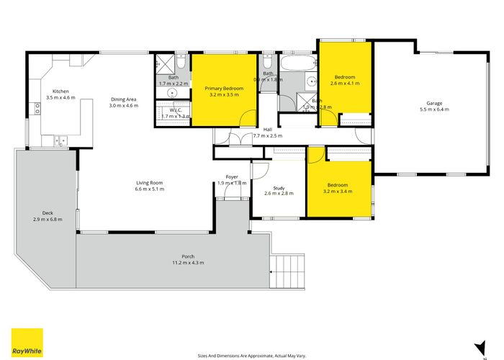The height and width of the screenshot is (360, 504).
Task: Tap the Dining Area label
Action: [123, 99]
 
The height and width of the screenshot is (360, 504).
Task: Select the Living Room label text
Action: [150, 182]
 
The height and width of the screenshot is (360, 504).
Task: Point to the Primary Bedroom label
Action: [226, 89]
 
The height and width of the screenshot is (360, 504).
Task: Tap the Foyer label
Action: [232, 176]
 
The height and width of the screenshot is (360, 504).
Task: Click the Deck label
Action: [48, 213]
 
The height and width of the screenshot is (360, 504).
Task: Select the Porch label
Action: [188, 256]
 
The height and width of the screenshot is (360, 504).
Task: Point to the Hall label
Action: [267, 130]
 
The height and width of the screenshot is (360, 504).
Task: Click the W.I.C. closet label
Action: [175, 110]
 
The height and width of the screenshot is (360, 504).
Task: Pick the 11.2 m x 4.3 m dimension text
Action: [188, 263]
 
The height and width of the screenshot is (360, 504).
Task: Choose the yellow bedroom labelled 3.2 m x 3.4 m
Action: [338, 189]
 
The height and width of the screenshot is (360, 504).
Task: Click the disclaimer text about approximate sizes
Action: [252, 355]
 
